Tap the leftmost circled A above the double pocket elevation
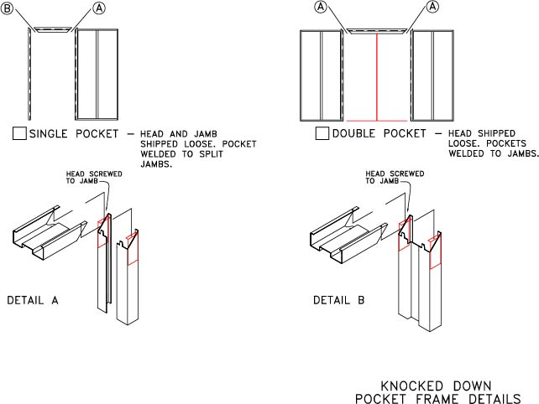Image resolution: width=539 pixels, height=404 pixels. pos(321,8)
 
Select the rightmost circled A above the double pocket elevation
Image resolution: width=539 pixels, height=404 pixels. pos(433,8)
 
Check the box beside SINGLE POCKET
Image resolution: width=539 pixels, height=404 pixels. pos(20,133)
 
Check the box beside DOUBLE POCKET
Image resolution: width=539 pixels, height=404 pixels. pos(322,133)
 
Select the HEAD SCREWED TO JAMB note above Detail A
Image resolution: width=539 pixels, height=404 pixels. pos(87,179)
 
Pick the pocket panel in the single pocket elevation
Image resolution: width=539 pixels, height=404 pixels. pos(98,75)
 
